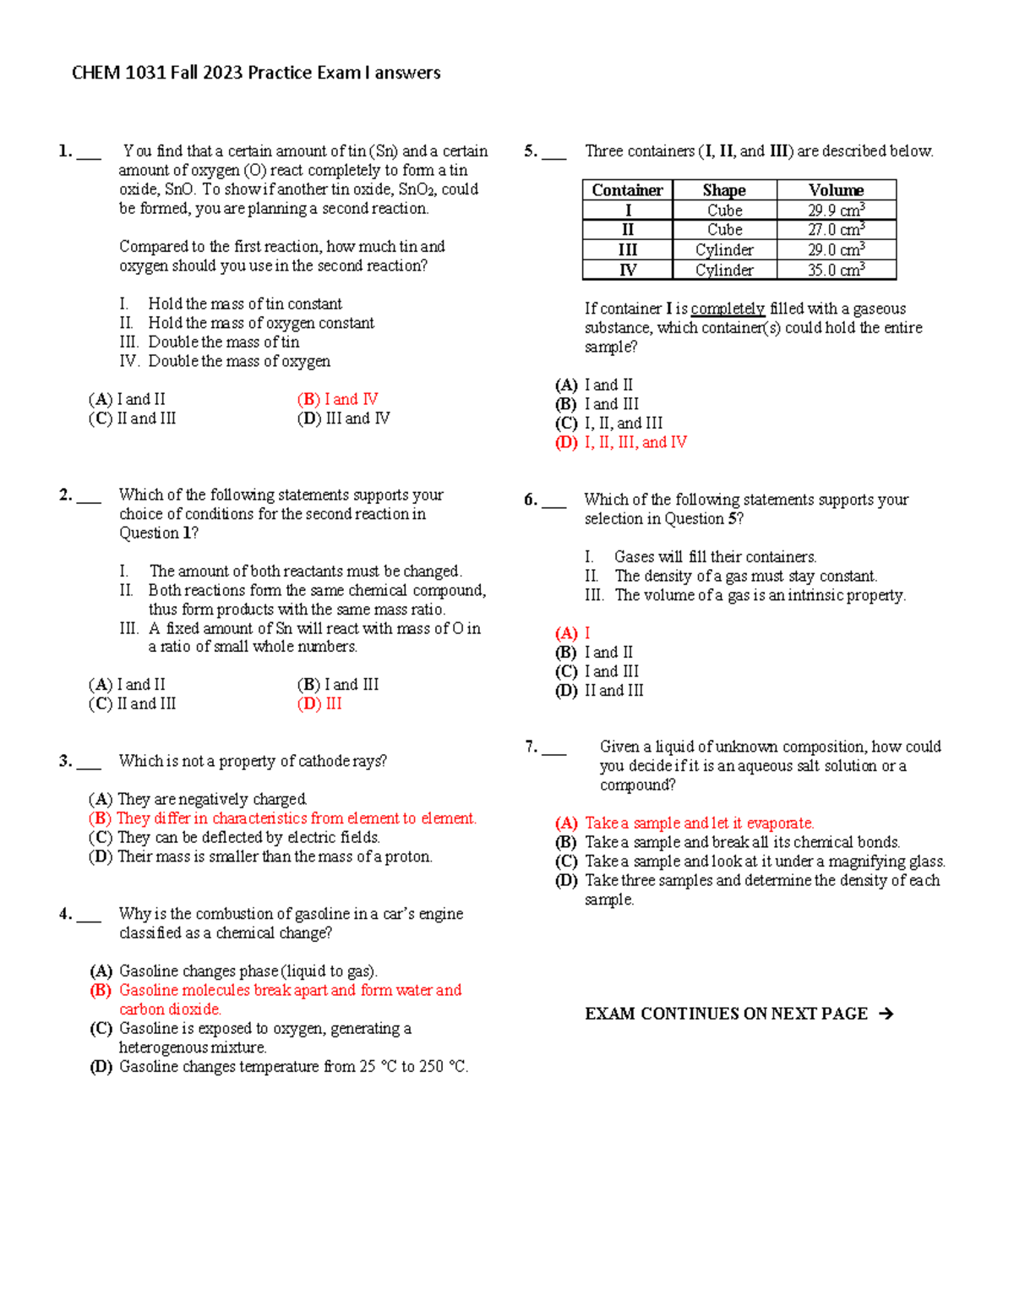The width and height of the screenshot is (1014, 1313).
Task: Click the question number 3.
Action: pyautogui.click(x=65, y=761)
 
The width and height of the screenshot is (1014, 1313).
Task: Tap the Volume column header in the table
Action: pyautogui.click(x=836, y=190)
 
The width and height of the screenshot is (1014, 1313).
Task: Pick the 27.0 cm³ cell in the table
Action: pyautogui.click(x=836, y=230)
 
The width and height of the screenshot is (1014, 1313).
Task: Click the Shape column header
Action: pyautogui.click(x=724, y=190)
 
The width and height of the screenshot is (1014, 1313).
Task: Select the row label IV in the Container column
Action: pyautogui.click(x=627, y=271)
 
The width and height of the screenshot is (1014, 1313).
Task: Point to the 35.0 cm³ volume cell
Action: pyautogui.click(x=836, y=271)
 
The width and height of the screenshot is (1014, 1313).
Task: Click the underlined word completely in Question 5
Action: pyautogui.click(x=728, y=309)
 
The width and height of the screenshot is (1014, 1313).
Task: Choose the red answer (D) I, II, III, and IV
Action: pyautogui.click(x=621, y=442)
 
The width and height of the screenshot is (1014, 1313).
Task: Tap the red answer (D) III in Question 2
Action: pyautogui.click(x=319, y=703)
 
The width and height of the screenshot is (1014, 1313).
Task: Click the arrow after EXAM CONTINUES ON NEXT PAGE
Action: pyautogui.click(x=886, y=1014)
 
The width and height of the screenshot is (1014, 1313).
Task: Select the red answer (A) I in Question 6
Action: pyautogui.click(x=573, y=633)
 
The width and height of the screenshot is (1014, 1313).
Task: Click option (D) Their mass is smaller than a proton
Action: pyautogui.click(x=260, y=856)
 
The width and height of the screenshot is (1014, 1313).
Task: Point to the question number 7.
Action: pyautogui.click(x=531, y=747)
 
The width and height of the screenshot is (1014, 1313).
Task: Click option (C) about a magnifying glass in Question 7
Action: pyautogui.click(x=750, y=862)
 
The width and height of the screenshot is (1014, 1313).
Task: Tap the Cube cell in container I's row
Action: pyautogui.click(x=724, y=211)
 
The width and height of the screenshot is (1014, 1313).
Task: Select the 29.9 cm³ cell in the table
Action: pyautogui.click(x=836, y=211)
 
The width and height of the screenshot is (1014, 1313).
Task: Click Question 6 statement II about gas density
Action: pyautogui.click(x=731, y=577)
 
